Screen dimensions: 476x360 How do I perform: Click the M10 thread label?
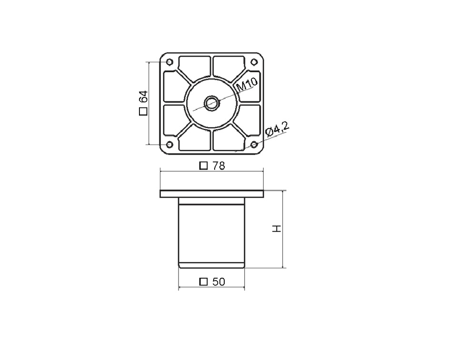click(x=247, y=84)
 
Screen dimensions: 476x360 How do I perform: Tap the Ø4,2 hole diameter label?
click(x=277, y=129)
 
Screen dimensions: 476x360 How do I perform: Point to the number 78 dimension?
click(x=218, y=166)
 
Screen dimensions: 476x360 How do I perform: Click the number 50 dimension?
click(x=218, y=282)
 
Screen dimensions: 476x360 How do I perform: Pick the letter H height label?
click(x=277, y=229)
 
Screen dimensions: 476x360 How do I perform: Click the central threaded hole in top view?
click(x=212, y=103)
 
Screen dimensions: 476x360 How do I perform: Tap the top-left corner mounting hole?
click(x=170, y=62)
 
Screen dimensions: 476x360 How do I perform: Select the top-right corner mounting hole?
click(x=254, y=62)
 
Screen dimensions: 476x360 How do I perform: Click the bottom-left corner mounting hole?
click(x=170, y=145)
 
